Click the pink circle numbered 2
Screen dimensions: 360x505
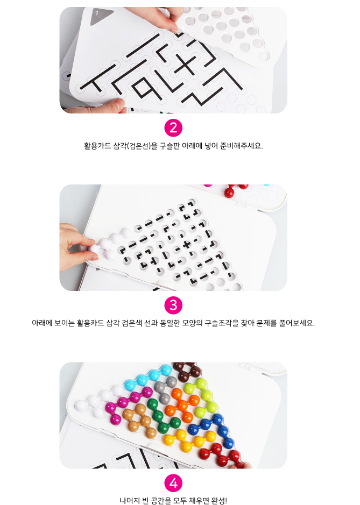(x=173, y=128)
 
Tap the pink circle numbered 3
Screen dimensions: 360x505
(x=173, y=305)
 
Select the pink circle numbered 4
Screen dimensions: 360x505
(x=173, y=483)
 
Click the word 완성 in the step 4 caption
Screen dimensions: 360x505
(x=219, y=501)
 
